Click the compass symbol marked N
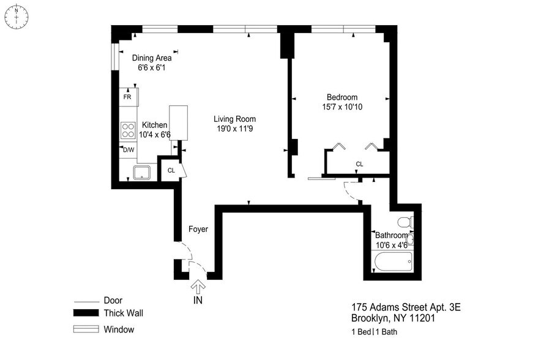coord(17,17)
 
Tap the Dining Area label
coord(152,58)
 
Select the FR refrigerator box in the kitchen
coord(129,97)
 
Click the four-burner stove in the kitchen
coord(128,130)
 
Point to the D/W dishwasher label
coord(129,150)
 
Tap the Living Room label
coord(234,119)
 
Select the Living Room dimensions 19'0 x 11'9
coord(234,129)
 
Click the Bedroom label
coord(342,97)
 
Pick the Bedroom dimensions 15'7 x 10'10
coord(342,107)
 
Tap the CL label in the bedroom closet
coord(359,164)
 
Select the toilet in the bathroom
coord(405,222)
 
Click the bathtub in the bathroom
coord(393,262)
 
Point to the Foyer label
coord(198,229)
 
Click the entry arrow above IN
coord(198,287)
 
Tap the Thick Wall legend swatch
coord(86,313)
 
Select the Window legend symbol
coord(86,329)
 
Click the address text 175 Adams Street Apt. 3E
coord(406,307)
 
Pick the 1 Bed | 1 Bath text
coord(375,332)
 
